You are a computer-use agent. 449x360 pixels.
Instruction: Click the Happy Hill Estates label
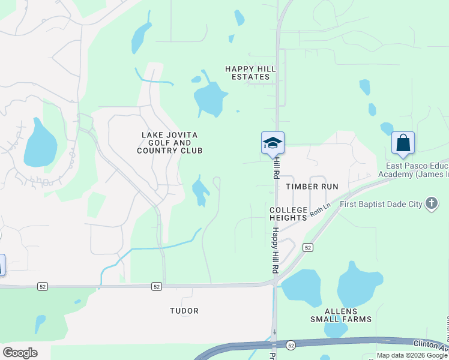[250, 73]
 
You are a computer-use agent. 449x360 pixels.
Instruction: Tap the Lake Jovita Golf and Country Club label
[169, 143]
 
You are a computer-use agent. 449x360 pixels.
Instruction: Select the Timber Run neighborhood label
[312, 187]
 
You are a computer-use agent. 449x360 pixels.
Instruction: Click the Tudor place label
[184, 311]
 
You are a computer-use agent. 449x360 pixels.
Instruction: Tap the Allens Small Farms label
[348, 315]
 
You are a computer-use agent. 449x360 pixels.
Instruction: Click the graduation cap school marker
[273, 143]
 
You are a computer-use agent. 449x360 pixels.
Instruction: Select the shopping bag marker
[403, 143]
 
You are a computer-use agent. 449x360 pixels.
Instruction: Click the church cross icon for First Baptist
[431, 204]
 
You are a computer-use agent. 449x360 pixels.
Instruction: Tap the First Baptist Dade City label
[381, 205]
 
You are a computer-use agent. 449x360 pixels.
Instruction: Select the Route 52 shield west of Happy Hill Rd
[156, 287]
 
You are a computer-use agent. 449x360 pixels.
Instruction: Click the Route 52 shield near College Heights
[307, 247]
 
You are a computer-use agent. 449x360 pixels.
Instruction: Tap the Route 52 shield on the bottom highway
[291, 345]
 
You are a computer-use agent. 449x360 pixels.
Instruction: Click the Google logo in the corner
[20, 353]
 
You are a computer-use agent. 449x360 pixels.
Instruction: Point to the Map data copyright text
[412, 355]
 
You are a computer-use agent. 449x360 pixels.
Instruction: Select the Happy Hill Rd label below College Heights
[275, 251]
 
